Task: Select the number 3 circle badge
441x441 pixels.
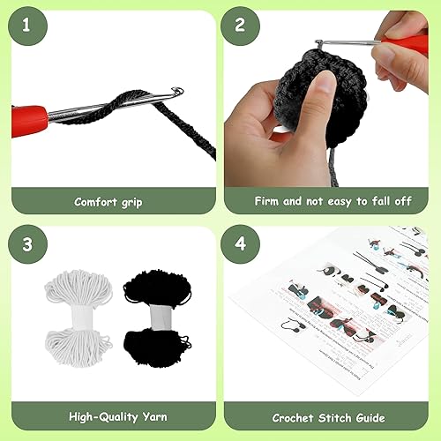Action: point(26,242)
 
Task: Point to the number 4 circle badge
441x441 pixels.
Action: point(240,242)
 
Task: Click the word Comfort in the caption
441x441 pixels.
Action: point(94,201)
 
